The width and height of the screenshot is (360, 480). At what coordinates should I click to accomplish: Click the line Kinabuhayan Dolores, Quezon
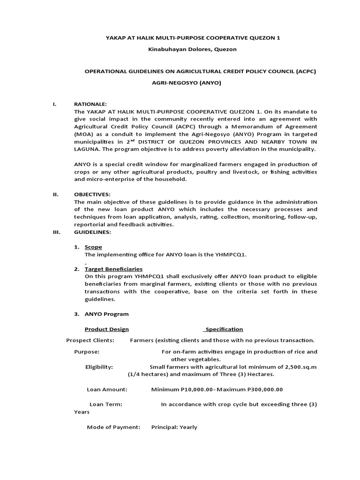(180, 49)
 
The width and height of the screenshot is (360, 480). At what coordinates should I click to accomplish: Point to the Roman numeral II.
(55, 194)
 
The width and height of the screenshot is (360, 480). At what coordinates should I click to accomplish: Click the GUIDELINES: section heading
(92, 232)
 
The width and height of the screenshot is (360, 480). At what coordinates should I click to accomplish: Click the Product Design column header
(106, 329)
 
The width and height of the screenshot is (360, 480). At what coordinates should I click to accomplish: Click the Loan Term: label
(105, 404)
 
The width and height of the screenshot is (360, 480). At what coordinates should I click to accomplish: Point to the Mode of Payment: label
(113, 427)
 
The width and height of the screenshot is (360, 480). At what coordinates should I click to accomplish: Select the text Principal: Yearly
(174, 427)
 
